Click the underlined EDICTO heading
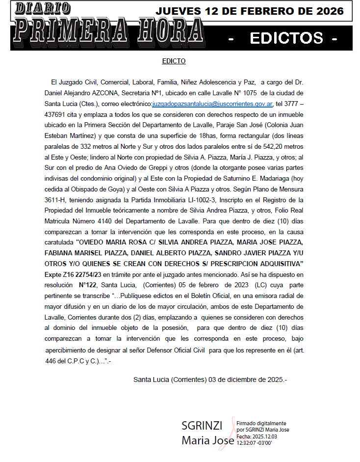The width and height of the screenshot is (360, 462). (174, 61)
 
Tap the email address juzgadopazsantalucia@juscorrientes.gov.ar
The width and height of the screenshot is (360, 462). (212, 104)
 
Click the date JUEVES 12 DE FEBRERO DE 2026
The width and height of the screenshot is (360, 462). (250, 11)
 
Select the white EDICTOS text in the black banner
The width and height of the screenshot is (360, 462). (286, 38)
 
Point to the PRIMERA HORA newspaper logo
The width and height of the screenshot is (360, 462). (108, 31)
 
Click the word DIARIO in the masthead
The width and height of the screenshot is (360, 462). (43, 8)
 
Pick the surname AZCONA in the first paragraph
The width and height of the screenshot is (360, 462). (117, 93)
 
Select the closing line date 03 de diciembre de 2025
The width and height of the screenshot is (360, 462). (241, 380)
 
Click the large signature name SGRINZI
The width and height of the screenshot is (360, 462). (202, 426)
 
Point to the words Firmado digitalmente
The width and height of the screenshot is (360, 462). (261, 423)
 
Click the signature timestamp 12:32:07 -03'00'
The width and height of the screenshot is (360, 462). (254, 443)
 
